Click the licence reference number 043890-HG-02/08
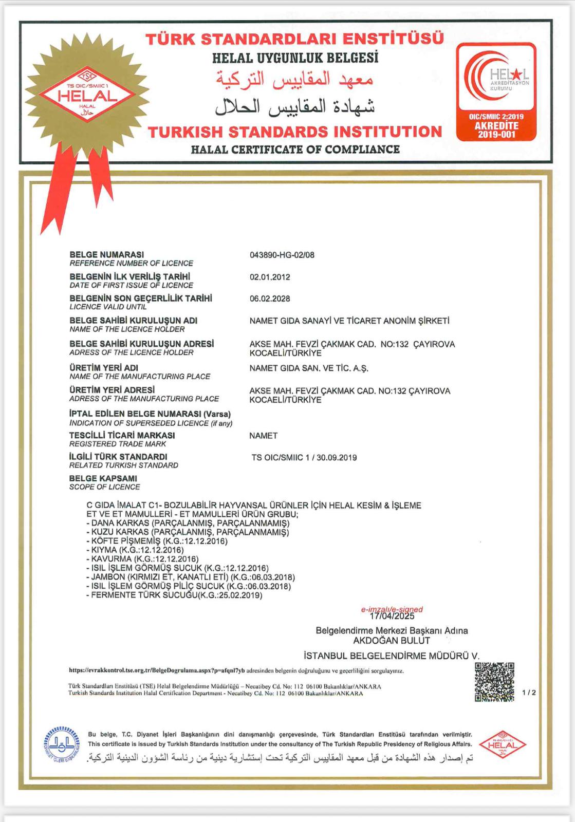click(x=282, y=255)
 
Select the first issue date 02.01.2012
click(x=270, y=277)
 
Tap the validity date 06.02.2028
click(x=270, y=298)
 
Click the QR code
click(x=494, y=682)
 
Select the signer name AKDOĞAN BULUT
click(x=392, y=641)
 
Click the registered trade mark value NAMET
click(x=263, y=436)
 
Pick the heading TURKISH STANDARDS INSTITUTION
click(x=294, y=132)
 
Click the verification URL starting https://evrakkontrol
click(x=157, y=671)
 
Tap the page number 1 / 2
click(x=529, y=693)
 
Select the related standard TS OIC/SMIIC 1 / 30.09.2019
click(x=304, y=457)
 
